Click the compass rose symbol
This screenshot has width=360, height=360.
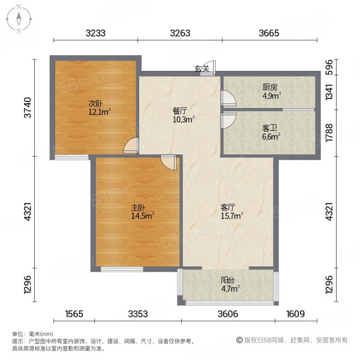(x=19, y=19)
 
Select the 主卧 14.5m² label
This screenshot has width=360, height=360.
(x=142, y=212)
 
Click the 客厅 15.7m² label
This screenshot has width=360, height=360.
(x=232, y=212)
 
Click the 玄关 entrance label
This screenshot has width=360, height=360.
(x=202, y=68)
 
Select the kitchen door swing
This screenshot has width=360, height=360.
(x=229, y=98)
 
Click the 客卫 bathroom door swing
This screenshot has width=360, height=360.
(x=229, y=121)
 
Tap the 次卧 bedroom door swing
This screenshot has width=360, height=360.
(x=131, y=145)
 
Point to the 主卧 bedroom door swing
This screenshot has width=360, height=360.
(x=168, y=163)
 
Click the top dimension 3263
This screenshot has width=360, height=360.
(x=180, y=33)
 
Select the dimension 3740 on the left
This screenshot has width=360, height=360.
(x=28, y=107)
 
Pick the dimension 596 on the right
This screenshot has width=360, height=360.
(x=329, y=67)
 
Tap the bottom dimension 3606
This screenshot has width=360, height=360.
(x=228, y=314)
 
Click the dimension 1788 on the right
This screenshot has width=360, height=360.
(x=329, y=133)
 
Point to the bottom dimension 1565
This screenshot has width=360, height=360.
(x=74, y=314)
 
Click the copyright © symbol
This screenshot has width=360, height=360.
(x=239, y=340)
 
